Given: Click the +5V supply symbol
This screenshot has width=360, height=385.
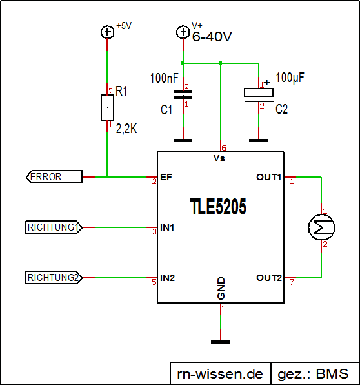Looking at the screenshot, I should click(x=107, y=32).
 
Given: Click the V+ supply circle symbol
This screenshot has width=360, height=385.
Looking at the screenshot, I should click(x=183, y=32).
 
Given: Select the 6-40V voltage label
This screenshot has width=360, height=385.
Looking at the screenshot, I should click(x=212, y=37).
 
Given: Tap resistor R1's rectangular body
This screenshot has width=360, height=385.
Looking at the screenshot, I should click(x=107, y=107).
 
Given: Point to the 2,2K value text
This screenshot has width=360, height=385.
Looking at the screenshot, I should click(x=127, y=129).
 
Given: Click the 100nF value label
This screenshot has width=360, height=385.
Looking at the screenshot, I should click(x=164, y=78).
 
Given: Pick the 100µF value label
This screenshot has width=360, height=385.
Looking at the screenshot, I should click(x=290, y=78).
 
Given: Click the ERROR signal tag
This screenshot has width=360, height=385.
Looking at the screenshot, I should click(x=54, y=176).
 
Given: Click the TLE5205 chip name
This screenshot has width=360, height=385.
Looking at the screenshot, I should click(x=218, y=206).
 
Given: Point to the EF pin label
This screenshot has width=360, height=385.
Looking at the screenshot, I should click(x=166, y=177).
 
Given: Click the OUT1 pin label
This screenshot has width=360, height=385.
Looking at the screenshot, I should click(x=268, y=177).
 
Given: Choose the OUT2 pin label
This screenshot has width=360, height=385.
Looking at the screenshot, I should click(x=268, y=278).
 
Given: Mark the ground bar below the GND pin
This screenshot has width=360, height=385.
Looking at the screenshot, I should click(x=221, y=341).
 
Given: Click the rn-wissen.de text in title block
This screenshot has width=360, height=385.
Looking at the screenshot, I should click(x=219, y=373).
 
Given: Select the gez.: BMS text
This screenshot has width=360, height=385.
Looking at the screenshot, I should click(x=313, y=373).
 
